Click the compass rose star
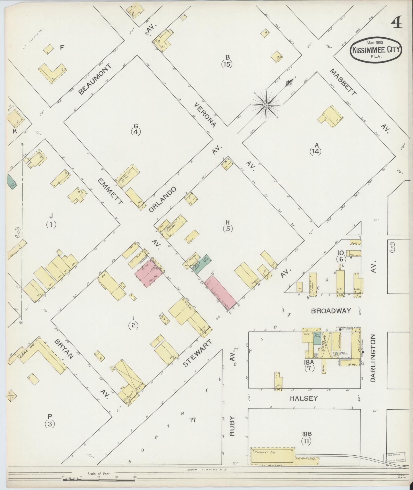[266, 105]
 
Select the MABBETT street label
[343, 82]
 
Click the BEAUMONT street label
[95, 79]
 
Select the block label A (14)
[315, 149]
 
